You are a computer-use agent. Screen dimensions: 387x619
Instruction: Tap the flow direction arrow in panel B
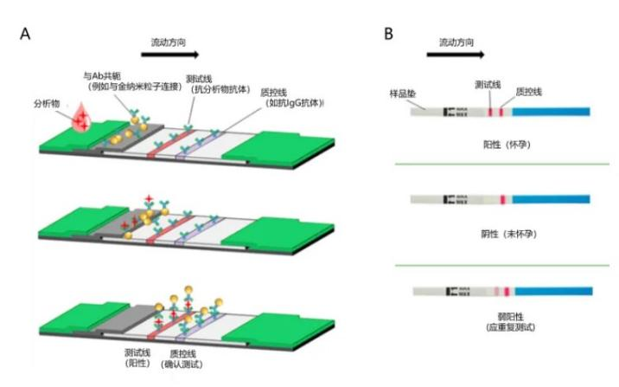point(455,55)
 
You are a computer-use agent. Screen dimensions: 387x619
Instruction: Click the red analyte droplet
point(84,119)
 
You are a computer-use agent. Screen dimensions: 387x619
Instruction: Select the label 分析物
point(48,103)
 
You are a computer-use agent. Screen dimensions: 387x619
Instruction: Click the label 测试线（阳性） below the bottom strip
point(139,358)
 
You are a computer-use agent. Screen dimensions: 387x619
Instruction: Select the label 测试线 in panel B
point(488,84)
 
